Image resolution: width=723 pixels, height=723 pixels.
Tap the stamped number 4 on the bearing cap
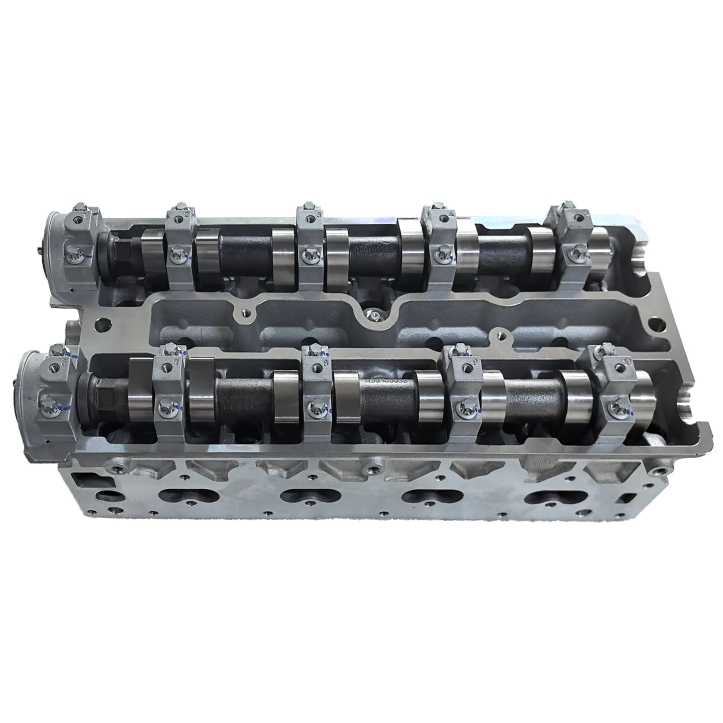pos(452,214)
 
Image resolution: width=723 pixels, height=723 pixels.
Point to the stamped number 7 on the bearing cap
pos(176,362)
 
